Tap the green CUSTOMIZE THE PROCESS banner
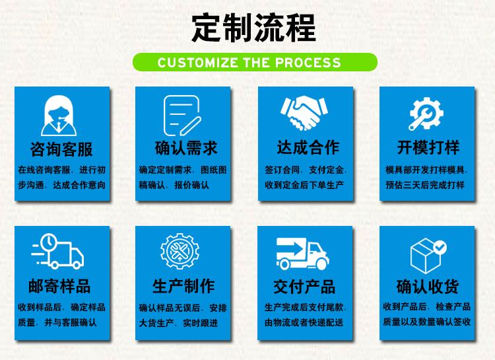tap(255, 63)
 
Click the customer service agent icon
tap(61, 116)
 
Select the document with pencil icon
tap(181, 116)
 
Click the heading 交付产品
tap(304, 287)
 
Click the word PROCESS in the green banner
tap(308, 63)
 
